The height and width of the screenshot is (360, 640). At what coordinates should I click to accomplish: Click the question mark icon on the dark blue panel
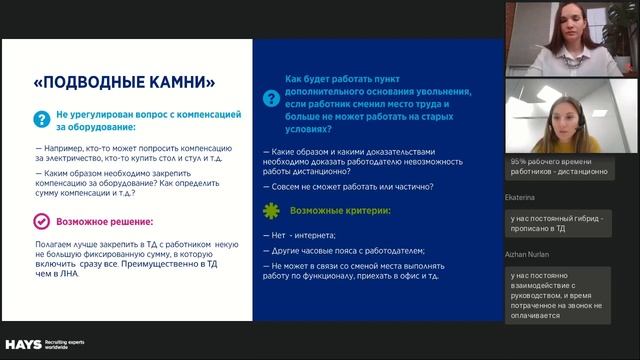(x=271, y=99)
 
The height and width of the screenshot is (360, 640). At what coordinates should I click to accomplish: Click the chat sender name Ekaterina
(x=525, y=198)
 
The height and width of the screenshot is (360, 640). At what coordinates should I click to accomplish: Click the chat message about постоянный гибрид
(x=563, y=223)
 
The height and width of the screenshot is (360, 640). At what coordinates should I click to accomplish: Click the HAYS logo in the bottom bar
(x=22, y=343)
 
